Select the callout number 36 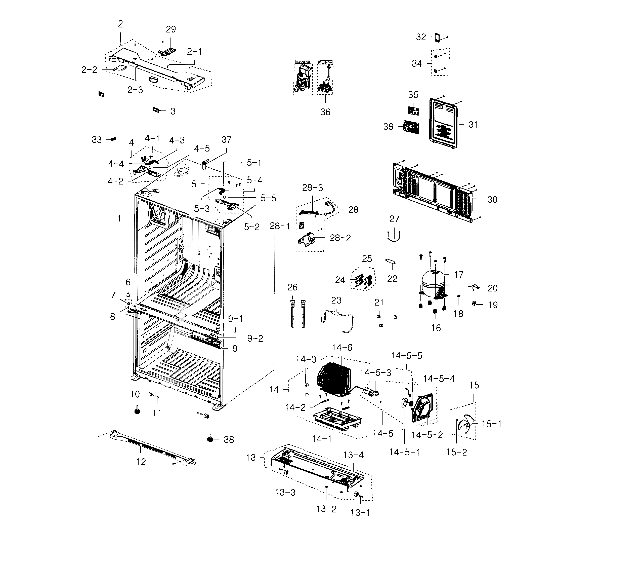click(x=325, y=112)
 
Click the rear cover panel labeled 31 click(x=443, y=124)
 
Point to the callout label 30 click(x=492, y=200)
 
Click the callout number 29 click(x=171, y=29)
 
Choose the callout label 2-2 click(x=89, y=70)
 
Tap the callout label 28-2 click(x=340, y=238)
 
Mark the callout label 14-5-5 click(x=406, y=356)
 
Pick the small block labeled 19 click(x=475, y=303)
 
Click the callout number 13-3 click(x=285, y=492)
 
